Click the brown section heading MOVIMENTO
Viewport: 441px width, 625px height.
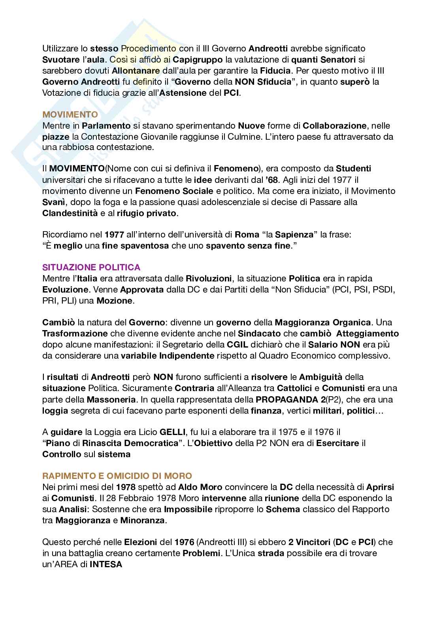70,115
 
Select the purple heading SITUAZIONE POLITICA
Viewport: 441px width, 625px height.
91,268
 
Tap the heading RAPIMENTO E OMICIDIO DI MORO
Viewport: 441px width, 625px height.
117,476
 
